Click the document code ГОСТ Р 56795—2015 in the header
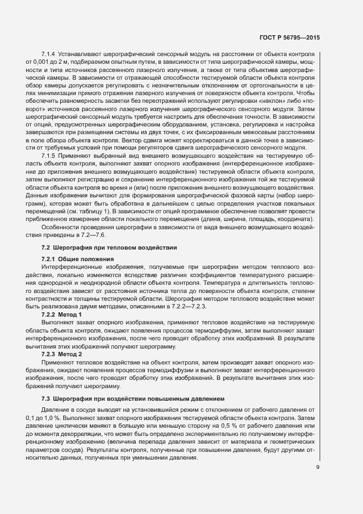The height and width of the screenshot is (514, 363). pyautogui.click(x=290, y=37)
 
